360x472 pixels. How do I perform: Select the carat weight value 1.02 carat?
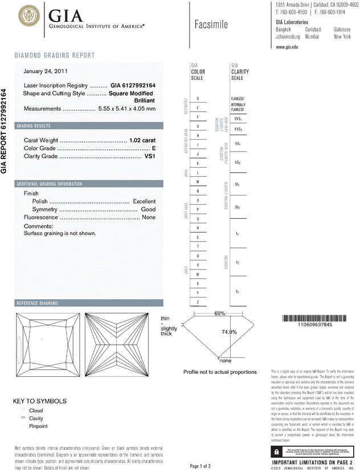(x=142, y=140)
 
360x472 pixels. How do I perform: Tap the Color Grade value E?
(x=154, y=148)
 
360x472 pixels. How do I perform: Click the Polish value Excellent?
(x=144, y=202)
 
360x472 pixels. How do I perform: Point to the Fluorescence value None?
(x=149, y=218)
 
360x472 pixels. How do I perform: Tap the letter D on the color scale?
(x=198, y=99)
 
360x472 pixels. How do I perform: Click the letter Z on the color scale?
(x=198, y=301)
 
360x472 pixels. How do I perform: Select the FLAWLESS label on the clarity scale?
(x=238, y=99)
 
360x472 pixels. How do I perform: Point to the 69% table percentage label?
(x=220, y=314)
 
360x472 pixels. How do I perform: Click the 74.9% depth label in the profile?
(x=229, y=332)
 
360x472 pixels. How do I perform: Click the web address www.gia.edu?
(x=287, y=47)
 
